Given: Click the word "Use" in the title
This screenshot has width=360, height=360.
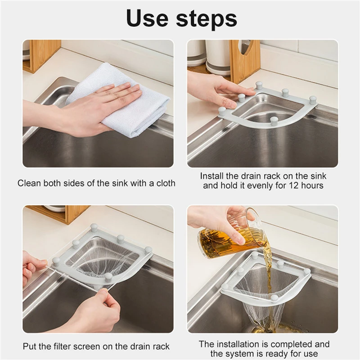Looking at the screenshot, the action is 148,18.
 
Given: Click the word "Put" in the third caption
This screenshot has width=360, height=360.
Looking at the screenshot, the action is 29,346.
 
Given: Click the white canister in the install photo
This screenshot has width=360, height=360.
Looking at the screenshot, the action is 218,58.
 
